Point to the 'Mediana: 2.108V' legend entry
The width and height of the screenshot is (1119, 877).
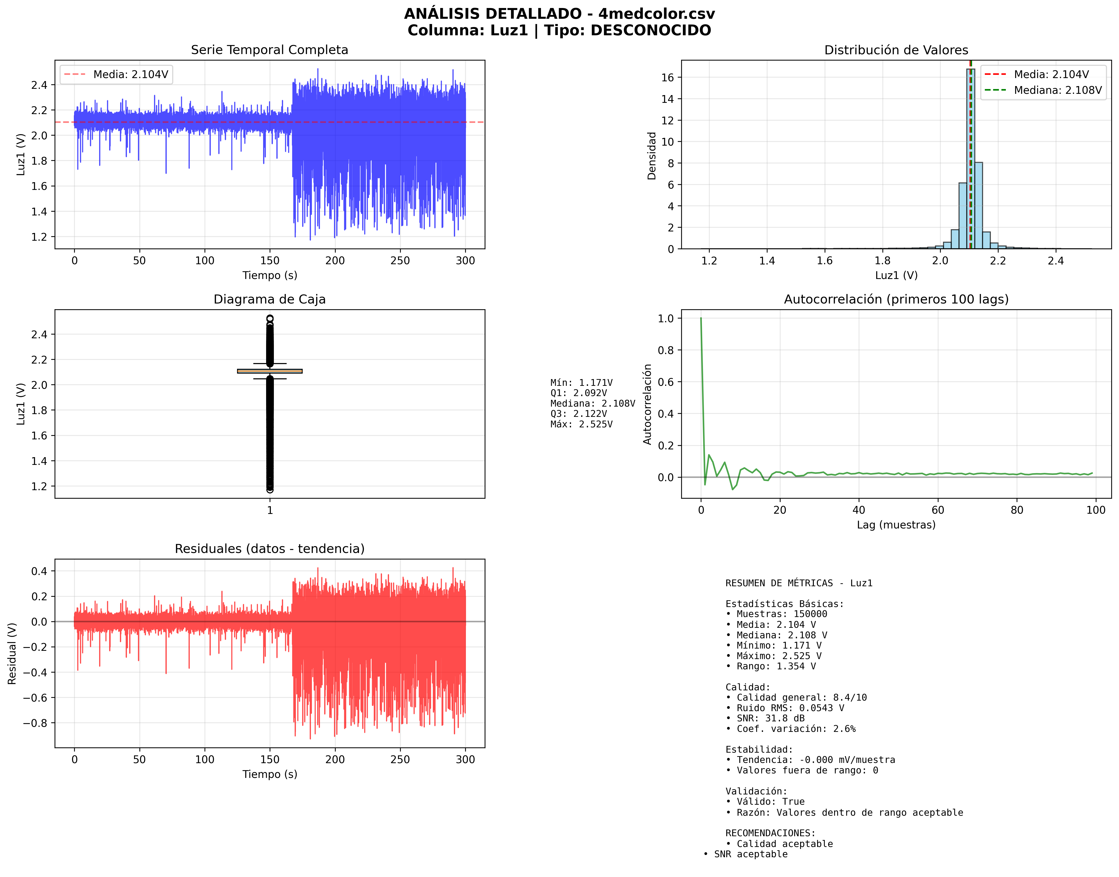pyautogui.click(x=1057, y=90)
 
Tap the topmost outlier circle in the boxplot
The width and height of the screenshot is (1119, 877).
pyautogui.click(x=270, y=318)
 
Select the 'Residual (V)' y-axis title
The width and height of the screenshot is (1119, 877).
pyautogui.click(x=12, y=653)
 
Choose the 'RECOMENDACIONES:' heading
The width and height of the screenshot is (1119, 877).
pyautogui.click(x=770, y=833)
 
